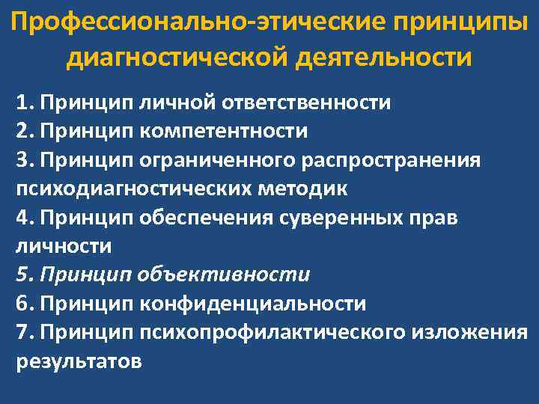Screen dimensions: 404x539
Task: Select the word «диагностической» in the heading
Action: tap(178, 57)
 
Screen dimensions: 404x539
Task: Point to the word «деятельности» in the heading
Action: tap(385, 57)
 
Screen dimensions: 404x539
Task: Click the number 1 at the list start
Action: tap(22, 102)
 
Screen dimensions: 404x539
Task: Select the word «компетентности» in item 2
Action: tap(222, 130)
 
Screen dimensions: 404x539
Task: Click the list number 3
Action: tap(22, 159)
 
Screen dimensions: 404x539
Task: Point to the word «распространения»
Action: tap(387, 159)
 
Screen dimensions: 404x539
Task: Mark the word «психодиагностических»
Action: tap(132, 188)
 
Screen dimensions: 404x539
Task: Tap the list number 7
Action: tap(22, 331)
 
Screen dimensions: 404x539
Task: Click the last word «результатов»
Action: tap(79, 361)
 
